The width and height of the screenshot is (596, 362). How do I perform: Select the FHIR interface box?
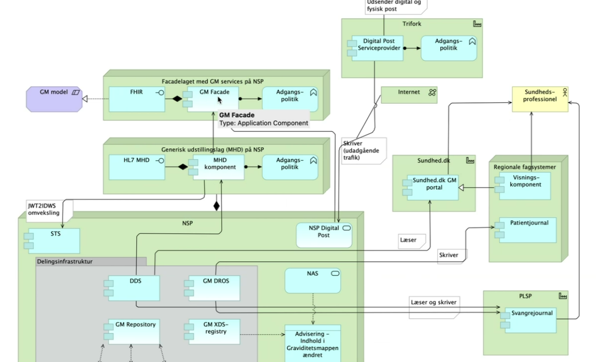pos(137,99)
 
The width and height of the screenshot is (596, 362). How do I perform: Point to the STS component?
pos(53,240)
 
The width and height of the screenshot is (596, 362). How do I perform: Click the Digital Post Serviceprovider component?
pos(378,48)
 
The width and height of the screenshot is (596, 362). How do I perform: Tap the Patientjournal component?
pos(524,230)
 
